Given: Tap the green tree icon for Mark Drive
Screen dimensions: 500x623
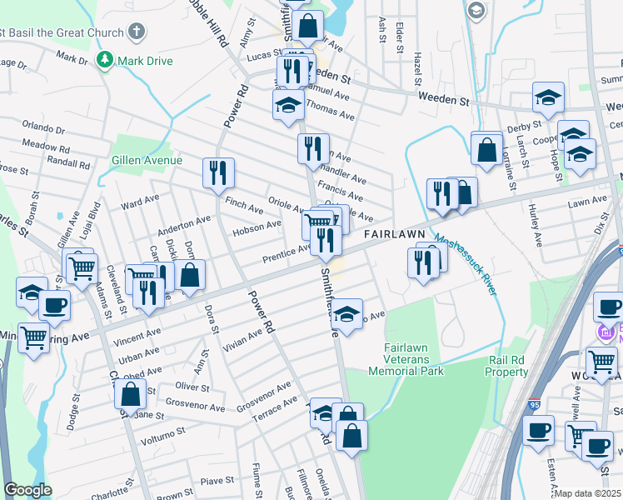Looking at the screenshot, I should (x=105, y=60).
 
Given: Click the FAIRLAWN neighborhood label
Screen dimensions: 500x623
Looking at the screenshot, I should (x=394, y=235).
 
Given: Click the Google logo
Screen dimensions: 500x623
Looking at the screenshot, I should (x=28, y=490).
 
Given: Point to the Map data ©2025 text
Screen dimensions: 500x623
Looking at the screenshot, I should (x=587, y=493).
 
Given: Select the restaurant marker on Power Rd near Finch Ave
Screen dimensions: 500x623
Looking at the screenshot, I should (x=217, y=172).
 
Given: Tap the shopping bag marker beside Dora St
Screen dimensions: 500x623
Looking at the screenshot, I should (x=190, y=275).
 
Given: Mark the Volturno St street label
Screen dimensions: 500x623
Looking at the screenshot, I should (x=162, y=435).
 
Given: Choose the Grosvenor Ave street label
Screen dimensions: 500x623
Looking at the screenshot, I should (x=263, y=392).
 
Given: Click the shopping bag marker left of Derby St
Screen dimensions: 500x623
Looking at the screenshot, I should (x=486, y=150).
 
